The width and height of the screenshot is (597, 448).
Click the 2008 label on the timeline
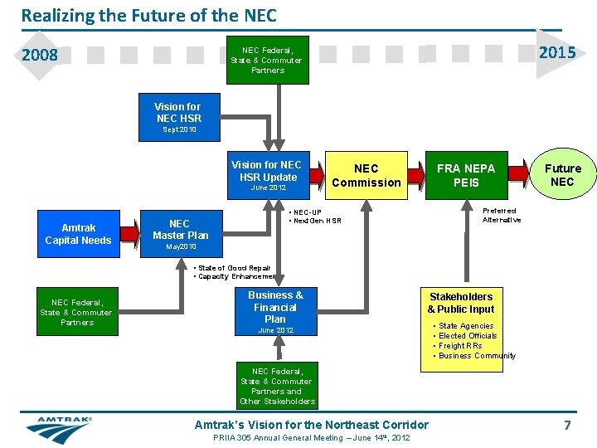(x=40, y=56)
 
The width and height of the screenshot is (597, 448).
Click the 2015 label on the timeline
(x=556, y=53)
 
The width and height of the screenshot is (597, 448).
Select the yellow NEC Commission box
(x=366, y=175)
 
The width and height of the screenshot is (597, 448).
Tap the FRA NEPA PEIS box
(x=466, y=175)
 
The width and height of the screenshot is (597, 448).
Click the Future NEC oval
(x=562, y=175)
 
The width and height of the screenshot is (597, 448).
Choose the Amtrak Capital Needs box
(x=78, y=234)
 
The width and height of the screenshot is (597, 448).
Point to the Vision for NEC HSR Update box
(x=268, y=175)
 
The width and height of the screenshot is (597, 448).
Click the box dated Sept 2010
(x=178, y=118)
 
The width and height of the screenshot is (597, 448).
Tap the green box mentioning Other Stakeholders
(x=277, y=386)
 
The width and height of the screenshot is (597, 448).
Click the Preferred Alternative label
(x=502, y=216)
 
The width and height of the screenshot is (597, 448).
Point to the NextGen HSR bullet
(x=316, y=221)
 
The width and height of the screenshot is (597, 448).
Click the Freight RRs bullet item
(x=460, y=345)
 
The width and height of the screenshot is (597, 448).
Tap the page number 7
(x=567, y=426)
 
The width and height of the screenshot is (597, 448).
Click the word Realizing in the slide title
(x=53, y=15)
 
